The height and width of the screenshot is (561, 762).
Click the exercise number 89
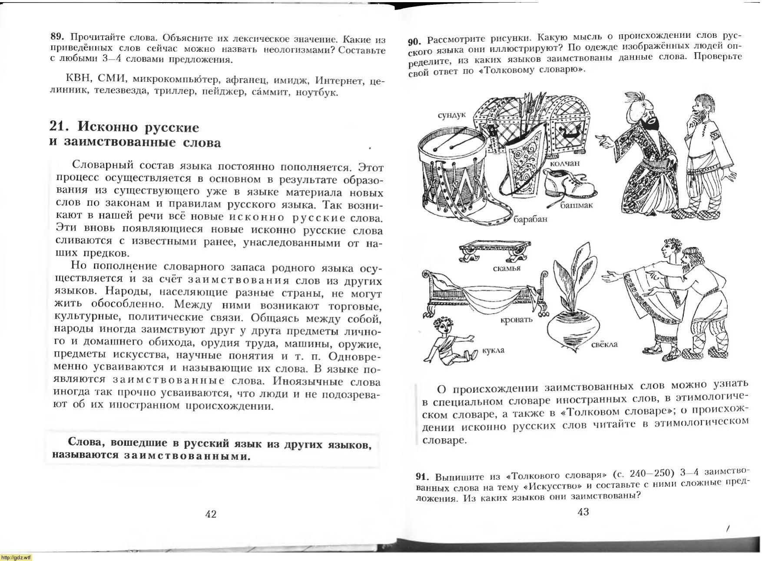click(57, 37)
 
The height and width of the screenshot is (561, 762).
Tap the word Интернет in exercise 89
click(338, 81)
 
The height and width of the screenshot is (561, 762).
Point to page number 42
click(211, 514)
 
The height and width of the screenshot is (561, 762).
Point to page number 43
click(583, 511)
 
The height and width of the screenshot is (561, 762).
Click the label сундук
click(451, 115)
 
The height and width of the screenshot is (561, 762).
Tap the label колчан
click(565, 163)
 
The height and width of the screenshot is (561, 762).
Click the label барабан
click(530, 219)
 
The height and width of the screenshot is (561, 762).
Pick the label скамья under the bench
click(507, 268)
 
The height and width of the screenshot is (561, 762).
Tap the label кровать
click(516, 320)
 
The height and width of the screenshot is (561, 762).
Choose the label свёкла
click(604, 345)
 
